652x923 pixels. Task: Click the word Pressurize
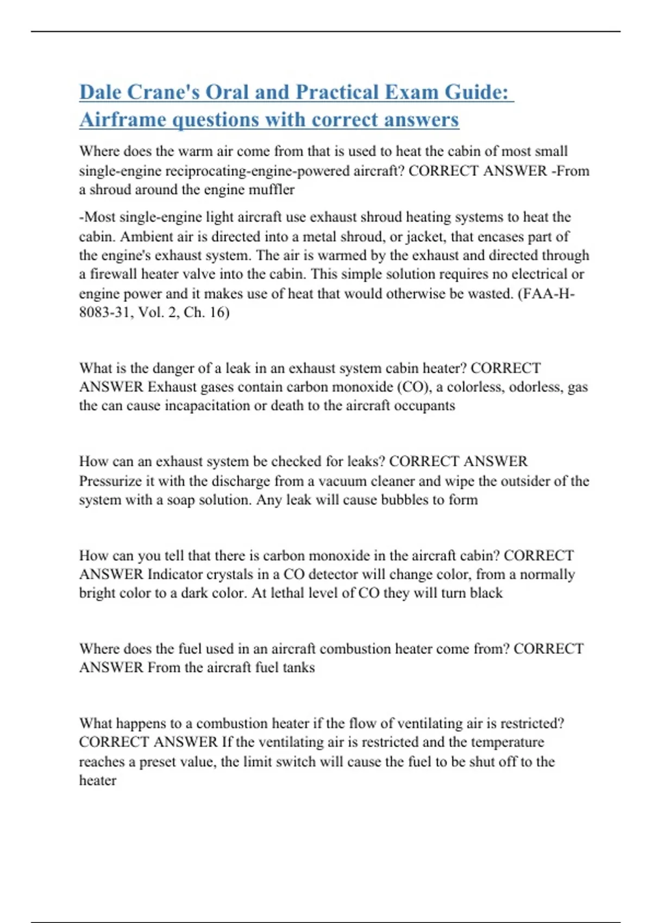point(112,481)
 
